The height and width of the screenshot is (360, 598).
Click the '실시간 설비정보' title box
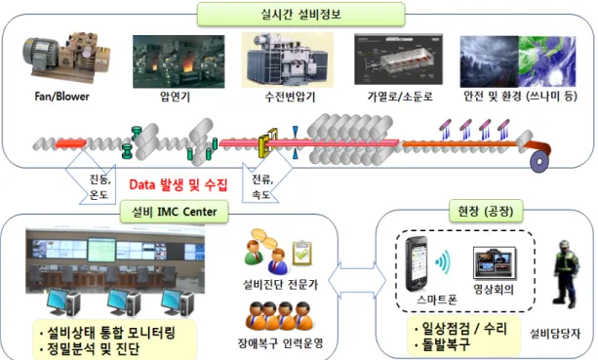click(x=300, y=15)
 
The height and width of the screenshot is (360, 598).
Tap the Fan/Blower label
click(x=61, y=97)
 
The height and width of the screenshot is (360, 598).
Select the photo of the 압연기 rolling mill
click(x=179, y=61)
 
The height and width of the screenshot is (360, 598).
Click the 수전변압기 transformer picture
click(x=288, y=60)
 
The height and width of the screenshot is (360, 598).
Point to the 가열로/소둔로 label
click(x=400, y=97)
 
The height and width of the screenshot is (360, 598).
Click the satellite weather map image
click(x=547, y=61)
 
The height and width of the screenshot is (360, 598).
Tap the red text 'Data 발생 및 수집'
click(x=179, y=185)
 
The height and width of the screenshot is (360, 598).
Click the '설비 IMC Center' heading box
click(x=175, y=212)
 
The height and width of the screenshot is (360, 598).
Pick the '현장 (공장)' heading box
click(x=486, y=211)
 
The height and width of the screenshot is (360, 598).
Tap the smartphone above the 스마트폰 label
click(x=417, y=263)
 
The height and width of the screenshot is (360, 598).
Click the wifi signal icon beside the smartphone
click(x=443, y=262)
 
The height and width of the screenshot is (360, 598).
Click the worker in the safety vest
click(x=567, y=274)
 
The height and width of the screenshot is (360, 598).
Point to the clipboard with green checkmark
click(x=302, y=253)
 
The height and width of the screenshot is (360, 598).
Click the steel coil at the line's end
click(x=539, y=161)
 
